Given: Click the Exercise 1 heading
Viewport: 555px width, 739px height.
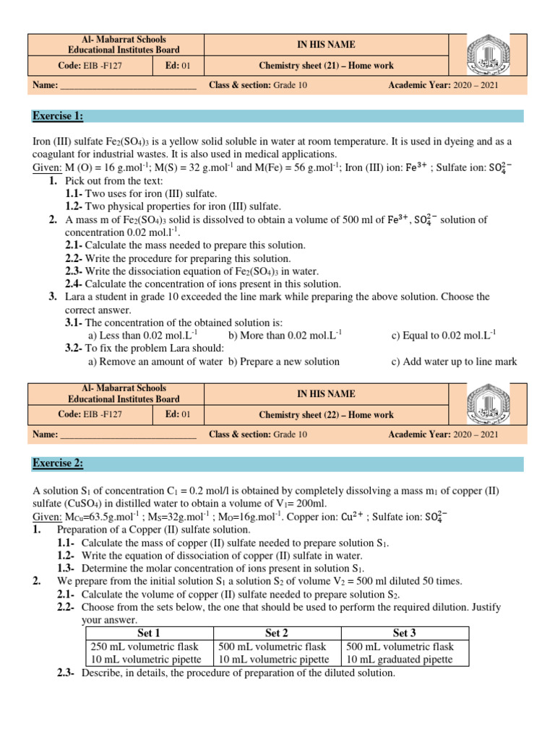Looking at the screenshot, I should click(x=58, y=116).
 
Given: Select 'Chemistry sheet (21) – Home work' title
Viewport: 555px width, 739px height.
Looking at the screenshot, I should click(x=327, y=66).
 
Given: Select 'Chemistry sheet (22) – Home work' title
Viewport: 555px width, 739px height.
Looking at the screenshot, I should click(x=327, y=415).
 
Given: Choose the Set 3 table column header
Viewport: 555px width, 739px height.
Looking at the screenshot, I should click(x=405, y=633).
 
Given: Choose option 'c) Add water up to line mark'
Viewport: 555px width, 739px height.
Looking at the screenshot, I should click(x=454, y=362).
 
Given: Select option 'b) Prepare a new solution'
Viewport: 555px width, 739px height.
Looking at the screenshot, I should click(x=283, y=362).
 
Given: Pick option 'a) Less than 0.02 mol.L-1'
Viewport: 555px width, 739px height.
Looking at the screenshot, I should click(x=142, y=336).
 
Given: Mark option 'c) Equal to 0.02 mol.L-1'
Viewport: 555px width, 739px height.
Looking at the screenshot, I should click(x=444, y=336).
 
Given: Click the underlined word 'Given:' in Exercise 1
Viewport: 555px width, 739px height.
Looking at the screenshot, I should click(x=47, y=168).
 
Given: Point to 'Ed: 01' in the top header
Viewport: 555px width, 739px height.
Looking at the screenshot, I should click(x=177, y=66).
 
